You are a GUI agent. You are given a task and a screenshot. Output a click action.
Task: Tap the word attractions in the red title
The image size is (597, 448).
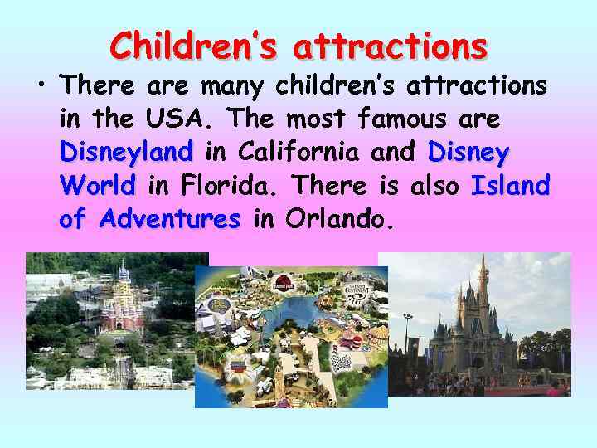[x=390, y=46]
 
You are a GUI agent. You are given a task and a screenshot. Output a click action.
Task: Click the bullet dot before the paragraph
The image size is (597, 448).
[x=39, y=85]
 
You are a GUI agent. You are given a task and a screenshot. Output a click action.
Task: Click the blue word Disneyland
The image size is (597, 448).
[x=126, y=153]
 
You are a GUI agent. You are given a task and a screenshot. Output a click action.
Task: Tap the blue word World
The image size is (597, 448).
[x=97, y=186]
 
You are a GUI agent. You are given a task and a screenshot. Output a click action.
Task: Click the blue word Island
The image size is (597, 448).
[x=509, y=186]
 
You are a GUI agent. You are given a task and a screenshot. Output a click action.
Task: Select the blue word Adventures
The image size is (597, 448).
[x=168, y=219]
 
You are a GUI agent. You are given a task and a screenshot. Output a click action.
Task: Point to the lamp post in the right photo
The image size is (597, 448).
[x=407, y=332]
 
